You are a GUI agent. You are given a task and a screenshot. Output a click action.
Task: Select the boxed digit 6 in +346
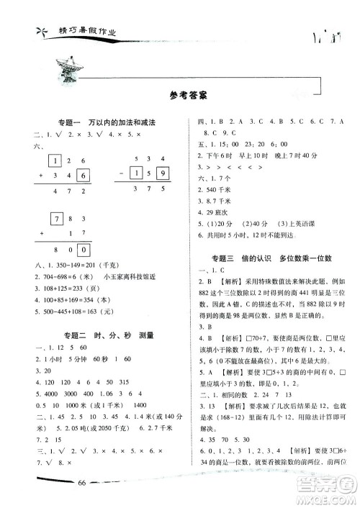(x=83, y=176)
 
